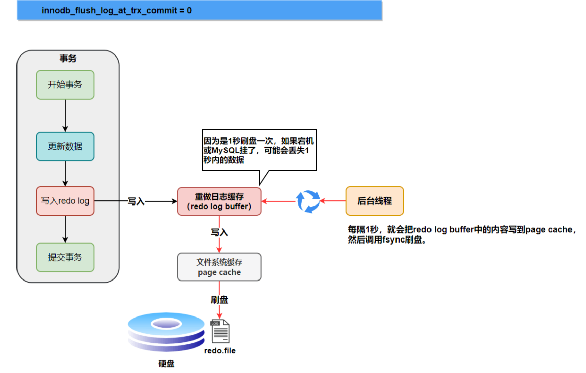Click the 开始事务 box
click(x=65, y=85)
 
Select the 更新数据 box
click(x=65, y=146)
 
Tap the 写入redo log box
click(x=65, y=201)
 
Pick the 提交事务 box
click(x=65, y=257)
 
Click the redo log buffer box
click(x=219, y=201)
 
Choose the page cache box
click(x=219, y=267)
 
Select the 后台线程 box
click(x=375, y=201)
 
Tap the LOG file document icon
click(x=220, y=331)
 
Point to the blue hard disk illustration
click(x=166, y=332)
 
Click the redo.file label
click(x=220, y=351)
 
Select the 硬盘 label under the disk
click(x=166, y=364)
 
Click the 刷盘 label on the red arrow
click(x=219, y=300)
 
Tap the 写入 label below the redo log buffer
click(x=219, y=232)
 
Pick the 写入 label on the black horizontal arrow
click(x=136, y=201)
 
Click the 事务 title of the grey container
click(x=68, y=59)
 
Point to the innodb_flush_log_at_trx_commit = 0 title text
click(x=116, y=11)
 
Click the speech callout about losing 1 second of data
click(x=259, y=150)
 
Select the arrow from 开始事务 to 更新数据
click(x=65, y=115)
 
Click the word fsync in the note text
click(x=393, y=240)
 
